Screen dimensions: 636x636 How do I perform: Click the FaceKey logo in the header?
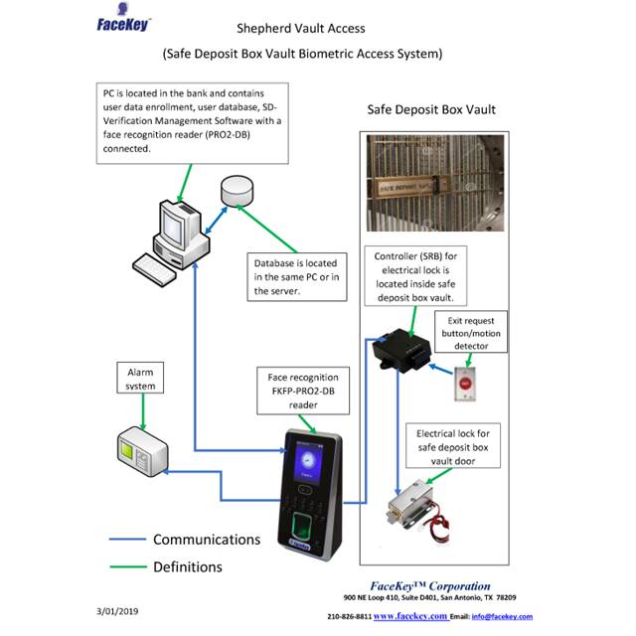(124, 23)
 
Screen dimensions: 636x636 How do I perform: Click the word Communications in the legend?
(207, 540)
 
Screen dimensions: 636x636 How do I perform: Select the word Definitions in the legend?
(188, 567)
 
